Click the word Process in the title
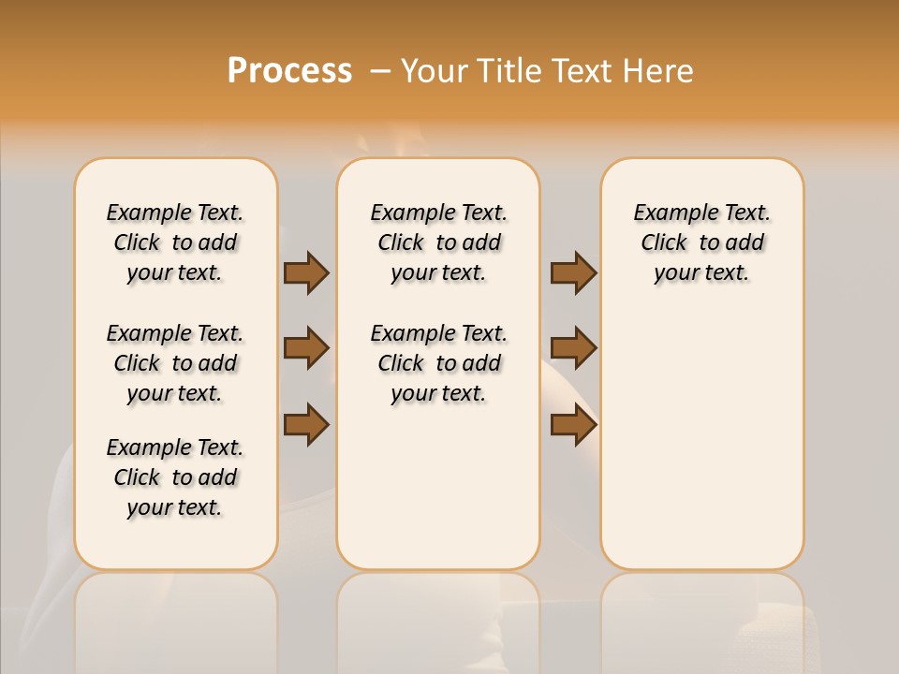click(x=289, y=71)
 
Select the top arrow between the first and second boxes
click(x=306, y=272)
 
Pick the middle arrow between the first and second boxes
click(x=306, y=348)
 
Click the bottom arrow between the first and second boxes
click(x=306, y=424)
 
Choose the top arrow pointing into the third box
click(x=573, y=272)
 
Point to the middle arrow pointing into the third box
click(x=573, y=348)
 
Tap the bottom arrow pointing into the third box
click(x=573, y=424)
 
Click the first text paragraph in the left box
click(x=175, y=242)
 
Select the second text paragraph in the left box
click(x=175, y=363)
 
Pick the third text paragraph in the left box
click(x=175, y=477)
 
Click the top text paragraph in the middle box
click(x=438, y=242)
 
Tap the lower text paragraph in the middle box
click(x=438, y=363)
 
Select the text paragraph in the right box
click(x=701, y=242)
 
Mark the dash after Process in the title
click(x=380, y=71)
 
